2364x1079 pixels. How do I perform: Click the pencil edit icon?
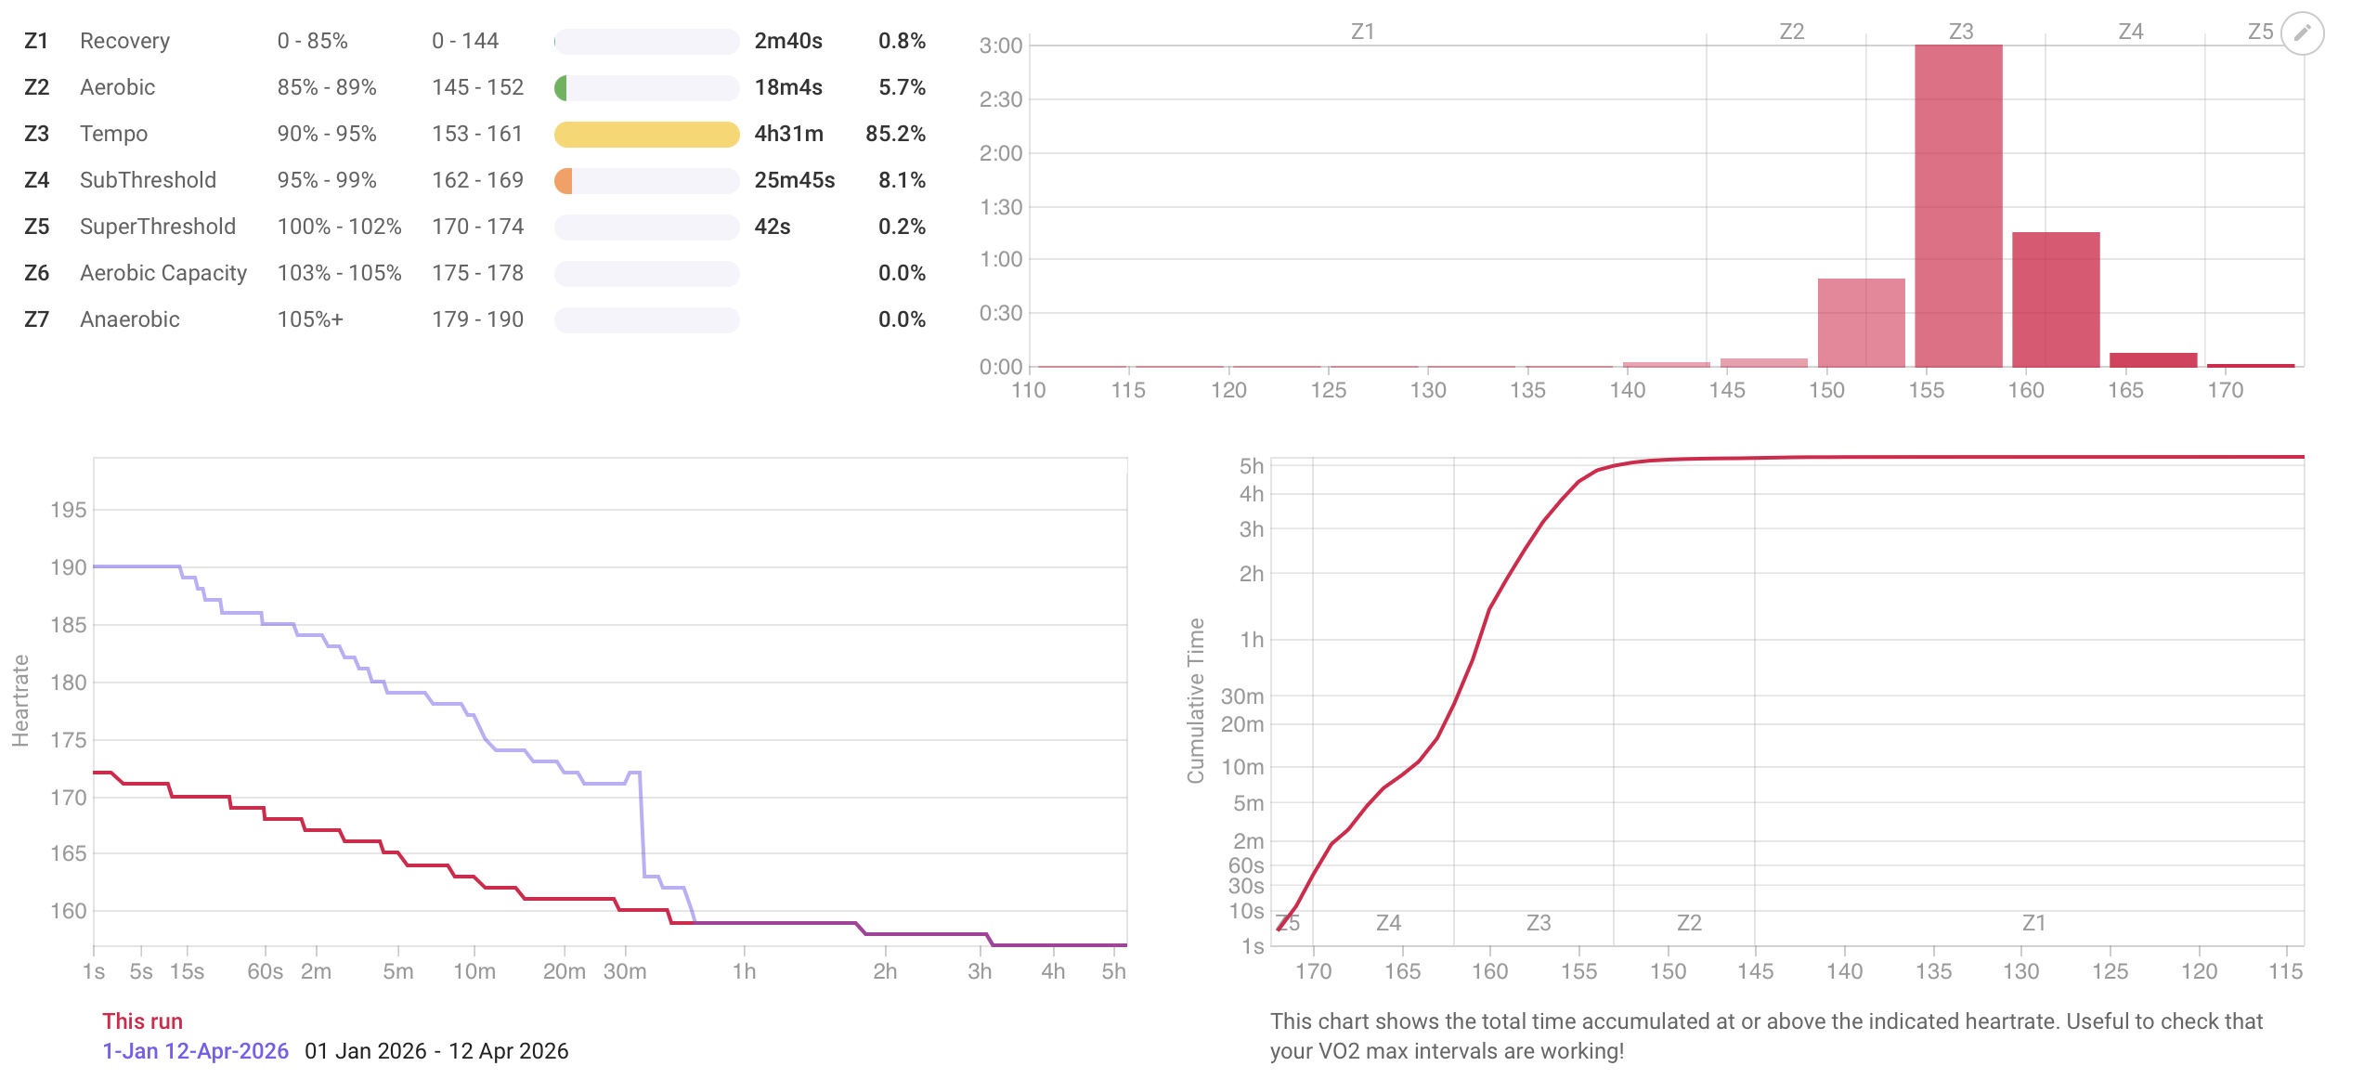(x=2302, y=33)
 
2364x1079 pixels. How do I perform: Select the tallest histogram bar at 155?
(x=1957, y=204)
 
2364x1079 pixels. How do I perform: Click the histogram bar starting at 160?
(x=2055, y=299)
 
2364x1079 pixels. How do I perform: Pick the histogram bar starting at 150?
(x=1861, y=322)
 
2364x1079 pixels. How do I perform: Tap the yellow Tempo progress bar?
(x=646, y=135)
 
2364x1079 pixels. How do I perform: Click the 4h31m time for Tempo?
(x=788, y=134)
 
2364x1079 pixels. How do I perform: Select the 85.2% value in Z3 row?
(x=895, y=134)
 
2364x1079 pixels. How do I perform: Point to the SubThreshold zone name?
(x=148, y=180)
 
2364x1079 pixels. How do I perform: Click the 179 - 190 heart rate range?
(x=477, y=319)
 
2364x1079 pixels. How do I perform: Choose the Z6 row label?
(x=37, y=273)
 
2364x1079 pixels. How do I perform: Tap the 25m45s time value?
(x=794, y=180)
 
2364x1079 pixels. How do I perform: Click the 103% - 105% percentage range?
(x=339, y=273)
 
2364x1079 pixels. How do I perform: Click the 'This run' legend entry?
(x=142, y=1021)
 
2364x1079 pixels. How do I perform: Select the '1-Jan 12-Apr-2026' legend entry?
(x=195, y=1051)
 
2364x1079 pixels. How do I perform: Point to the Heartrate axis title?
(x=20, y=700)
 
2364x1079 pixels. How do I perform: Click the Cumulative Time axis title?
(x=1196, y=700)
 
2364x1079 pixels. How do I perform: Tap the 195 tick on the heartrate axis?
(x=68, y=510)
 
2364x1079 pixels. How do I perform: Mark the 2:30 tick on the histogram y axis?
(x=1000, y=99)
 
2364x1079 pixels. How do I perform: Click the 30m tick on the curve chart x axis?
(x=624, y=971)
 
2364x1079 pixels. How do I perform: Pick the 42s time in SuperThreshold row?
(x=772, y=227)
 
